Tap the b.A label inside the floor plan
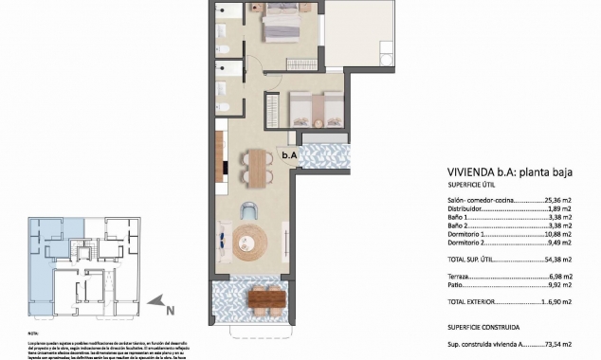(289, 155)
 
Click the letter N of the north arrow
(169, 308)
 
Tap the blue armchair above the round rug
(250, 210)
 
